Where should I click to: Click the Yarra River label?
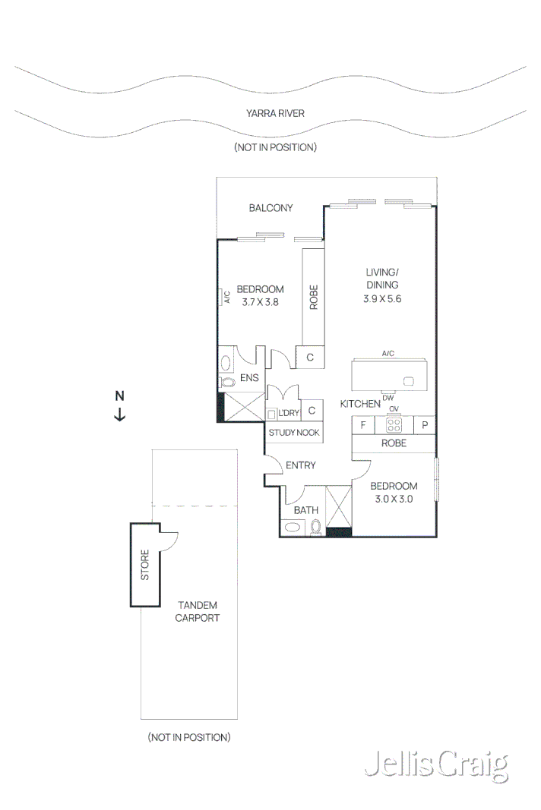(275, 114)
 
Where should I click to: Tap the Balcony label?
(270, 208)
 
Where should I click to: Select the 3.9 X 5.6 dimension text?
(381, 299)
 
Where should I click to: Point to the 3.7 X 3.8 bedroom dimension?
(260, 301)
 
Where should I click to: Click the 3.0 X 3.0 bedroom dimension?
(394, 499)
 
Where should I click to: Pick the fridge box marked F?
(363, 425)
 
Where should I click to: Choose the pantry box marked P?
(425, 425)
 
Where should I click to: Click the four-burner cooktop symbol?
(394, 425)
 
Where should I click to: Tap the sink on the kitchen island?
(409, 381)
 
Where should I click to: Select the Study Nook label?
(293, 433)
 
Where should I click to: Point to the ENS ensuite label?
(249, 377)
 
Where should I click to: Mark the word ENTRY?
(300, 465)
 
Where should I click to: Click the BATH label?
(305, 510)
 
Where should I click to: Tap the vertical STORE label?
(144, 565)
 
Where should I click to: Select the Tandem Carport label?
(197, 611)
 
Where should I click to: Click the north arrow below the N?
(119, 414)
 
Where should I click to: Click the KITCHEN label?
(359, 404)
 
